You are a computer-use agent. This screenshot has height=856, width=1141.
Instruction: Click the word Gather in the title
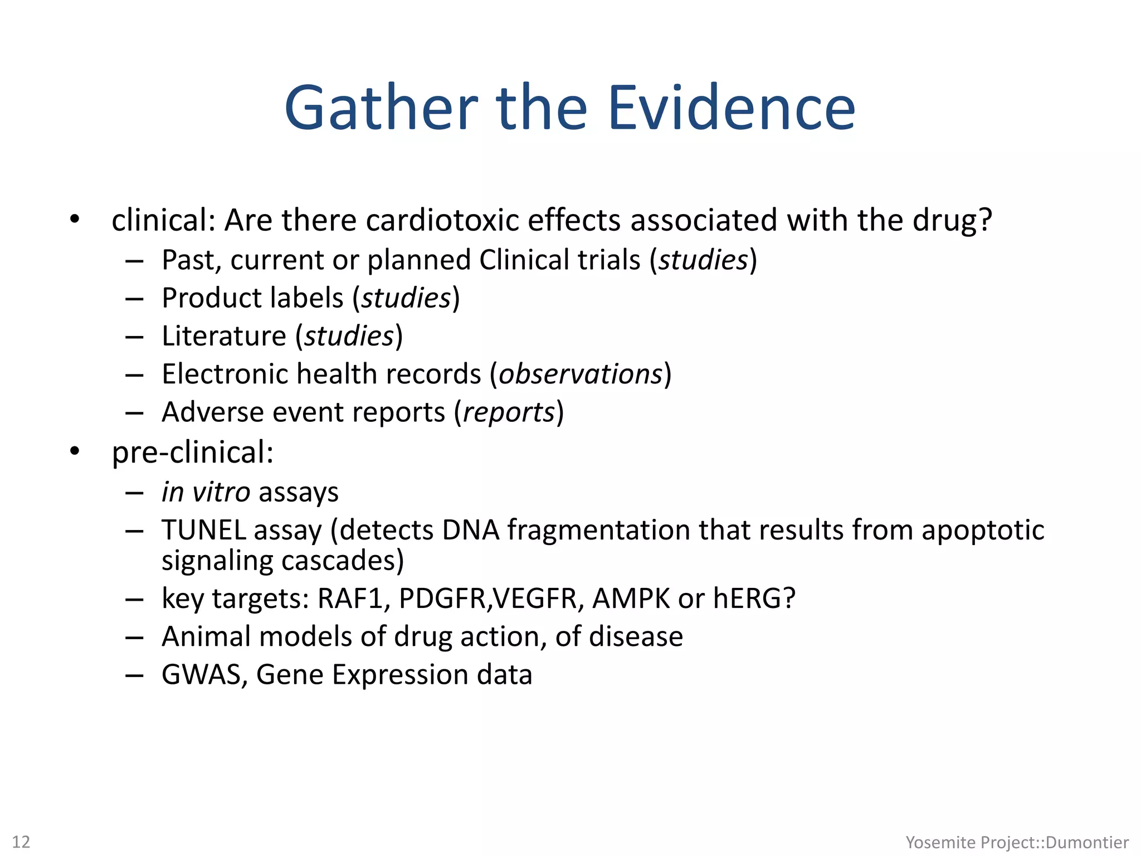click(381, 108)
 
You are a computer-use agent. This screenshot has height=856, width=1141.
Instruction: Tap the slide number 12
click(21, 842)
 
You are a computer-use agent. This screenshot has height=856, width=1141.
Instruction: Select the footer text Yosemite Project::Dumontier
click(1017, 842)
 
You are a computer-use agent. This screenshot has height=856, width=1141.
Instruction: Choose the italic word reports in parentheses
click(509, 412)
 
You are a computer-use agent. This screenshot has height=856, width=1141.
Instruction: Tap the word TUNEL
click(204, 530)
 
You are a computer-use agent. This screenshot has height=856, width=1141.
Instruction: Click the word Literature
click(224, 336)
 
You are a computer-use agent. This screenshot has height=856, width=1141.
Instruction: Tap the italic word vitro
click(221, 492)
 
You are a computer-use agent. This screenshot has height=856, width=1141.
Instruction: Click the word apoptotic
click(983, 530)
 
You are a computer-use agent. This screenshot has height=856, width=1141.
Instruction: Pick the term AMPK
click(631, 599)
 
